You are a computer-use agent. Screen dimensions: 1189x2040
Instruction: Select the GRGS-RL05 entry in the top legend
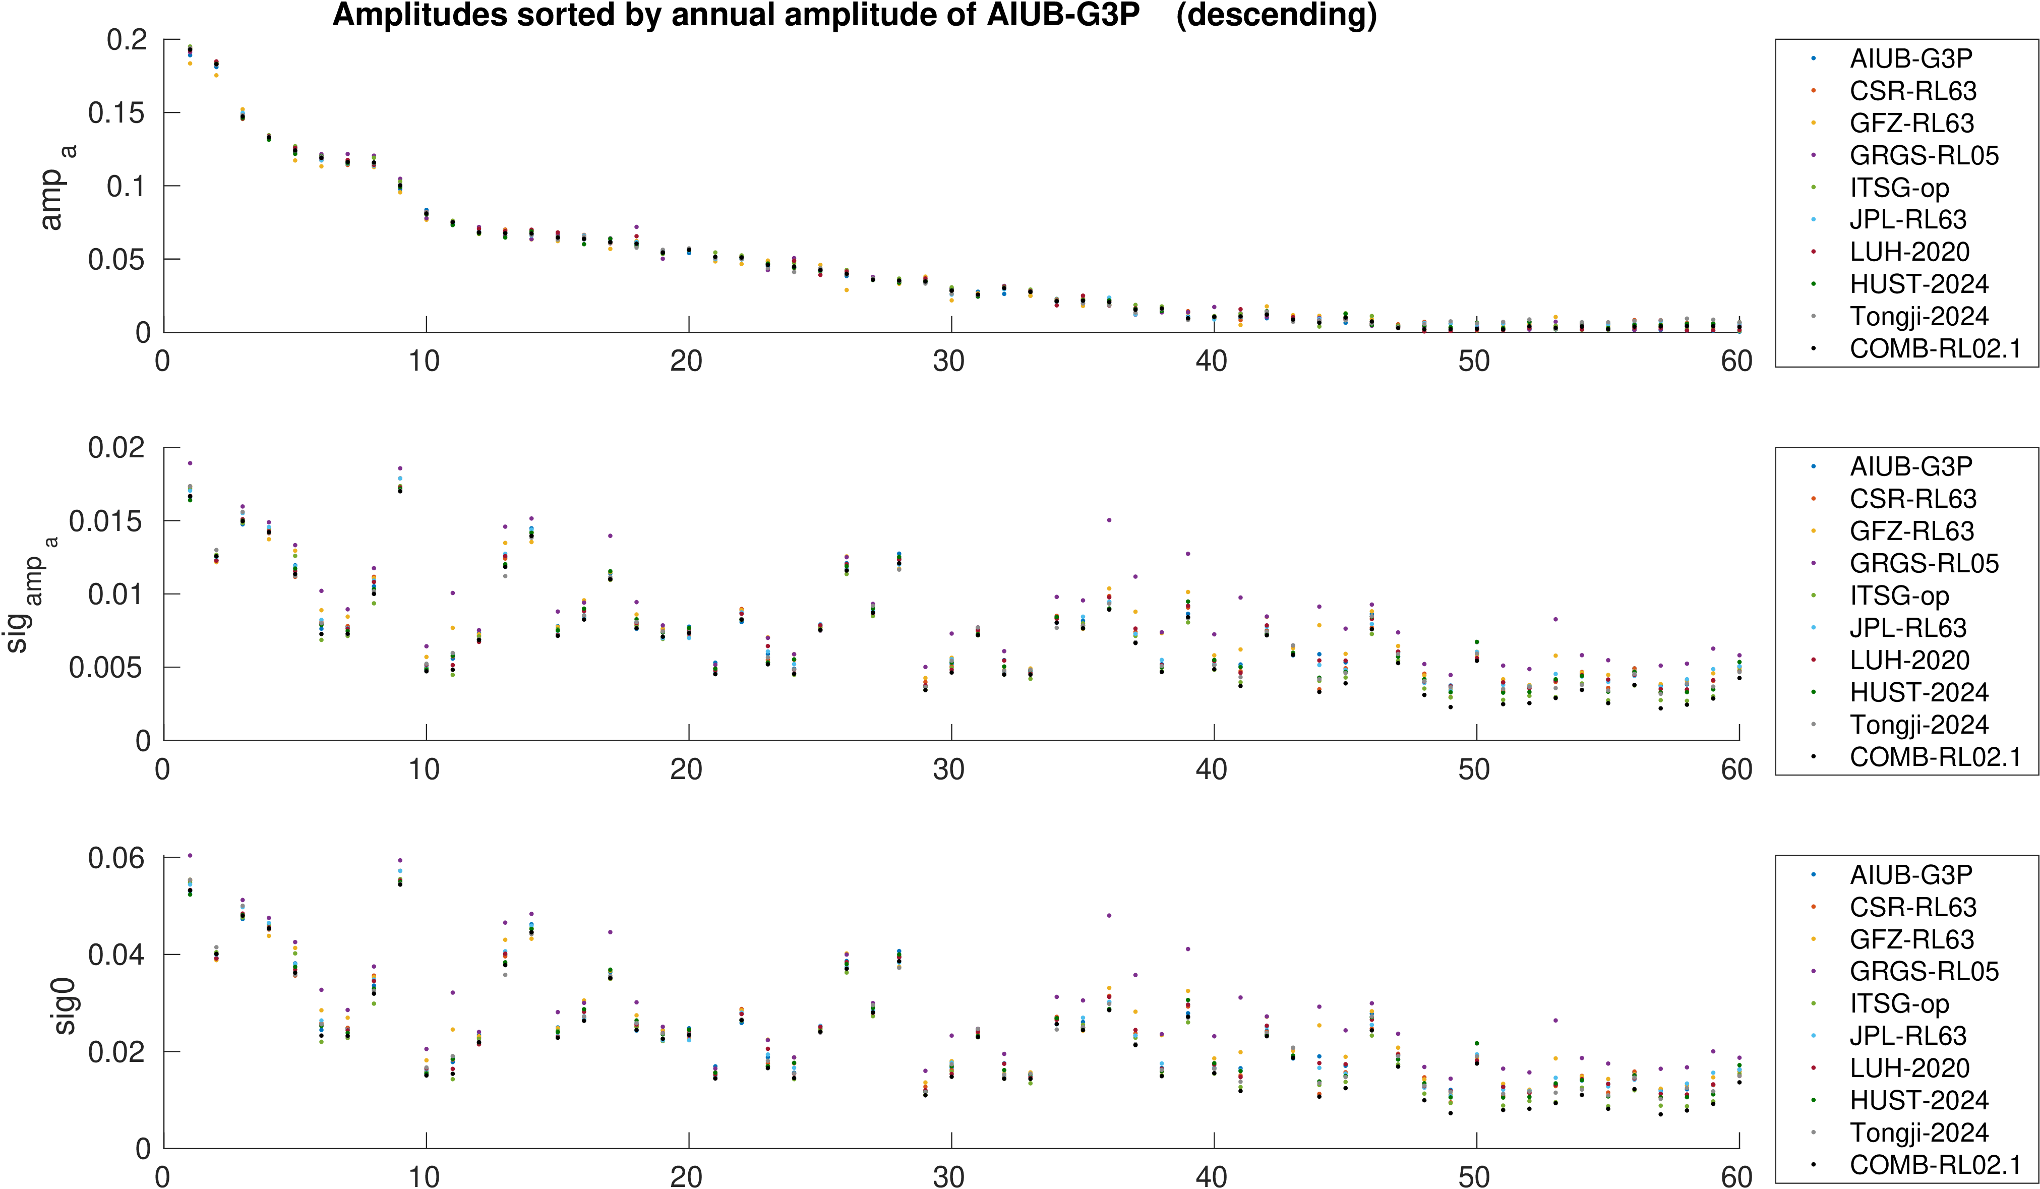[1924, 155]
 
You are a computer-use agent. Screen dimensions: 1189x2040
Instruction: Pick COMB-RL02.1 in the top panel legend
[1935, 349]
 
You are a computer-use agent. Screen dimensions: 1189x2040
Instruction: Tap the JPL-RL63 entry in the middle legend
[1907, 628]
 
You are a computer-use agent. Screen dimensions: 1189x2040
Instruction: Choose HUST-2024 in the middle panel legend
[1918, 693]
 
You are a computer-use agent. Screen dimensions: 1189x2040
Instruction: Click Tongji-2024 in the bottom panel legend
[1918, 1133]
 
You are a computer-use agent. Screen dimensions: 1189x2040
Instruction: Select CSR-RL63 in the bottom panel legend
[1912, 907]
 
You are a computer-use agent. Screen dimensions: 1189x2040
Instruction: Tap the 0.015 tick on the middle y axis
[105, 521]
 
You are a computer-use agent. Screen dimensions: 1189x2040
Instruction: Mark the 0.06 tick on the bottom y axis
[116, 858]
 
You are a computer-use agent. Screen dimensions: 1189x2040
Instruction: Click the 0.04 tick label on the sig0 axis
[116, 955]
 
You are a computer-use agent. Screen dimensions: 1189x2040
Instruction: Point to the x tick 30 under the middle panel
[949, 769]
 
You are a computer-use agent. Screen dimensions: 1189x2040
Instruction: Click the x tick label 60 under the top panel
[1736, 361]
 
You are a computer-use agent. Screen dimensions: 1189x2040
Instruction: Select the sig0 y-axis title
[65, 1006]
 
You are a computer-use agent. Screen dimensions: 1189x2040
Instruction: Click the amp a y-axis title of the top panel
[55, 188]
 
